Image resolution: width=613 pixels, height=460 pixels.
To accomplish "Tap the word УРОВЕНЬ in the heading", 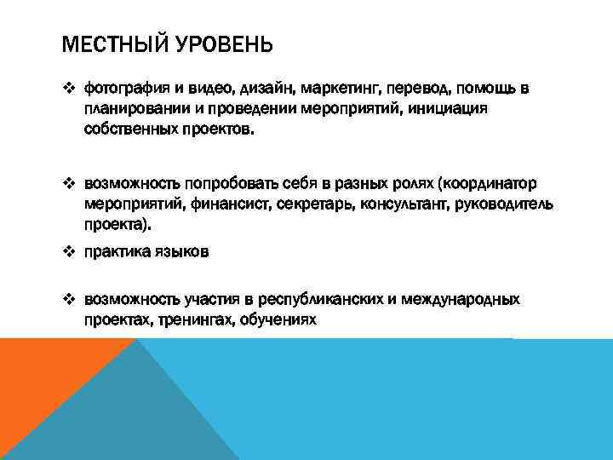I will pyautogui.click(x=225, y=43).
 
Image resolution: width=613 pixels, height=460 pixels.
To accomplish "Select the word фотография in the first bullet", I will pyautogui.click(x=120, y=89).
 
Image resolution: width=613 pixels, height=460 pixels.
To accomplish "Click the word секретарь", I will pyautogui.click(x=316, y=204).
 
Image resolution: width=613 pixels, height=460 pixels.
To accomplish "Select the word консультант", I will pyautogui.click(x=405, y=204).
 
